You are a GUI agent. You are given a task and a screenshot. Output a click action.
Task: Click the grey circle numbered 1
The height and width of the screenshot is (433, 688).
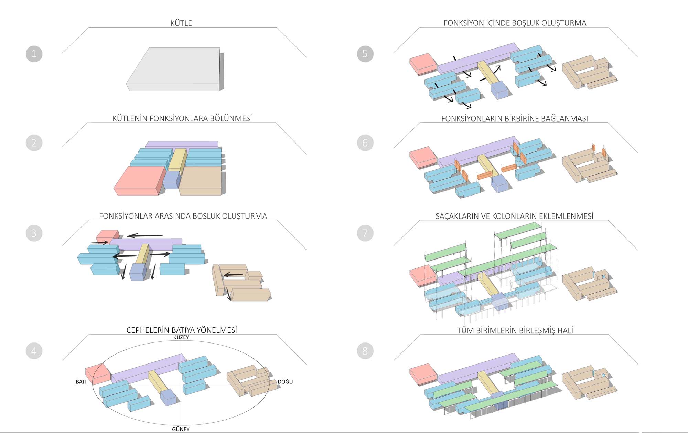pyautogui.click(x=34, y=54)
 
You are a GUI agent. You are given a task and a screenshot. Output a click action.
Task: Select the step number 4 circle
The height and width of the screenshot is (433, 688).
pyautogui.click(x=34, y=351)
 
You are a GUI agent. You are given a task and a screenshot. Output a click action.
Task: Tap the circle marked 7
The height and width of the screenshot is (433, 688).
pyautogui.click(x=365, y=233)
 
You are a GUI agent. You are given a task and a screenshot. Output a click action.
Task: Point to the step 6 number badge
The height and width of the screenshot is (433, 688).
pyautogui.click(x=365, y=142)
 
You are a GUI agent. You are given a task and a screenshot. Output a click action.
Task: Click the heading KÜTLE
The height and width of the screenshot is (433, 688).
pyautogui.click(x=181, y=23)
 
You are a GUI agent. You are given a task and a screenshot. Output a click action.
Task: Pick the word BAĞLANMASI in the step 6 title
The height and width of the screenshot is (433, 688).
pyautogui.click(x=565, y=119)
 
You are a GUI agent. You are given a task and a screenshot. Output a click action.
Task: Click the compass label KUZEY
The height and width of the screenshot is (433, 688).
pyautogui.click(x=181, y=337)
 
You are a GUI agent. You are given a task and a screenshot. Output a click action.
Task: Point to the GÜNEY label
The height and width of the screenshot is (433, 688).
pyautogui.click(x=181, y=429)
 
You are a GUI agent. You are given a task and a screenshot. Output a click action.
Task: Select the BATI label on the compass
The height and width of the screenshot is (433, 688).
pyautogui.click(x=81, y=382)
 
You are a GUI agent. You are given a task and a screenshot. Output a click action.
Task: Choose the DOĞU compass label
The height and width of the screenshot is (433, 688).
pyautogui.click(x=285, y=382)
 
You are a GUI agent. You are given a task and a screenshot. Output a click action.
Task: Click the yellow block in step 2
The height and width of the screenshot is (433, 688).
pyautogui.click(x=177, y=159)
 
